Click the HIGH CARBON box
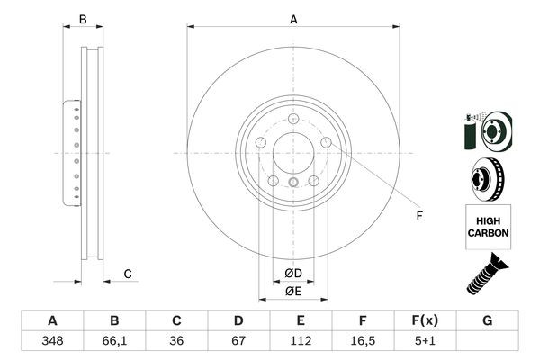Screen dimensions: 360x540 (x=488, y=226)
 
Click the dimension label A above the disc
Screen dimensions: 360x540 (x=293, y=18)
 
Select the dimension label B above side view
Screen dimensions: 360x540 (x=82, y=18)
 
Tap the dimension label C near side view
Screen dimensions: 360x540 (x=128, y=274)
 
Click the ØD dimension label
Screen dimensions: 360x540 (x=293, y=273)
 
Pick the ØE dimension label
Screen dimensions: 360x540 (x=293, y=291)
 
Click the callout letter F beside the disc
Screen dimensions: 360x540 (x=418, y=215)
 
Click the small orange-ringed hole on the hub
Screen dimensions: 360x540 (x=293, y=184)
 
